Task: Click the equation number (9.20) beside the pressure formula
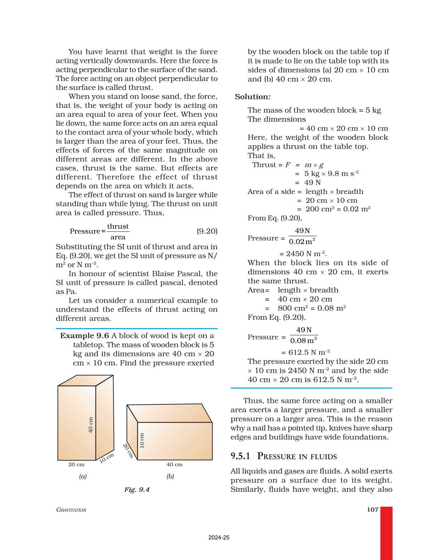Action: (207, 231)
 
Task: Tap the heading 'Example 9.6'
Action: (84, 336)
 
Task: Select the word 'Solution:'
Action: (253, 97)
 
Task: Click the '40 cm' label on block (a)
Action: (91, 425)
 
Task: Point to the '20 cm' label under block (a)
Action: (76, 464)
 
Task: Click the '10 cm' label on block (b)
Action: (142, 440)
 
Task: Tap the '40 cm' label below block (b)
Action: (174, 464)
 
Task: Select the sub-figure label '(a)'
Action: (83, 476)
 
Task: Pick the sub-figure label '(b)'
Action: (170, 476)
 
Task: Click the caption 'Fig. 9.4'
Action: (137, 490)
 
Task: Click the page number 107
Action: (373, 510)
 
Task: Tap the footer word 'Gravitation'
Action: (71, 510)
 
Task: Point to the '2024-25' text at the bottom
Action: (219, 537)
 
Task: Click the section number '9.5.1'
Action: (240, 456)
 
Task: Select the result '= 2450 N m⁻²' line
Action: (303, 254)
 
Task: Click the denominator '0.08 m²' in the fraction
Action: (303, 341)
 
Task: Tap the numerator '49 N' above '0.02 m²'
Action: (302, 231)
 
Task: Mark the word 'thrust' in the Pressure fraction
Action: (118, 227)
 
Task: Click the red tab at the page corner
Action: (386, 533)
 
